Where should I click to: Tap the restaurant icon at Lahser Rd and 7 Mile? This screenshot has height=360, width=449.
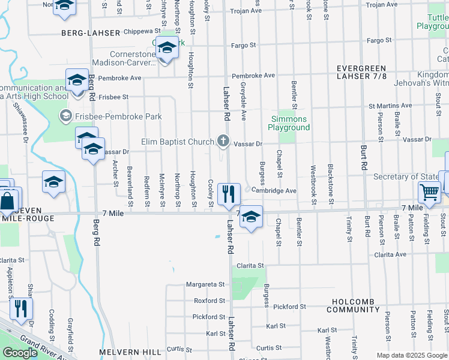[228, 194]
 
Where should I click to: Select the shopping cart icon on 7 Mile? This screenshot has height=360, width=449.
[430, 193]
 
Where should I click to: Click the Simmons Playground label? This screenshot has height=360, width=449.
[289, 123]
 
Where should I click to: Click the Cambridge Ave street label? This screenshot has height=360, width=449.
[274, 190]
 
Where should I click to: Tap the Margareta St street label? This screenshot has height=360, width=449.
[205, 284]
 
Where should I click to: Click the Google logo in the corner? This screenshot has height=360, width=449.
[20, 353]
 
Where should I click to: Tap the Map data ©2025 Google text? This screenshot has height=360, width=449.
[412, 355]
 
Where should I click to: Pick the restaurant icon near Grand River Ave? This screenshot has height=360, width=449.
[21, 308]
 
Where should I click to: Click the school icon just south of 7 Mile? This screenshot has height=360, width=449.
[251, 217]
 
